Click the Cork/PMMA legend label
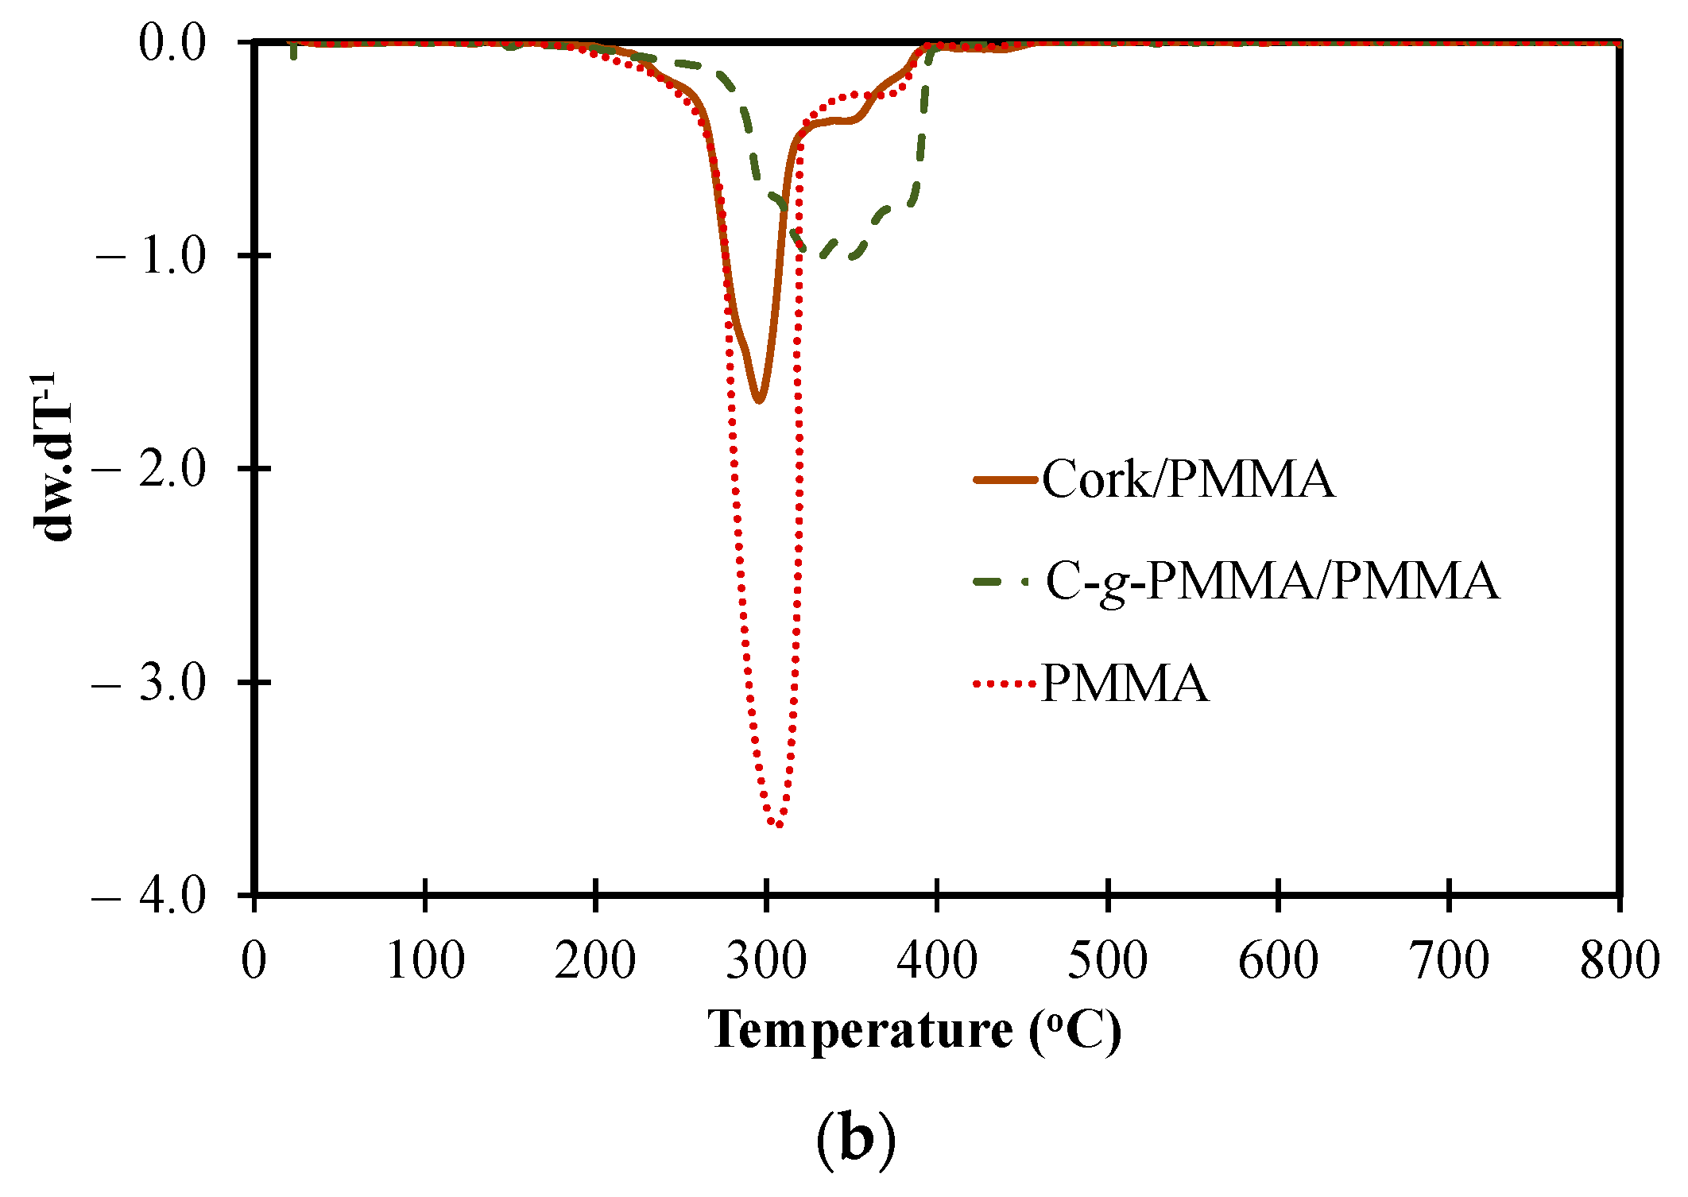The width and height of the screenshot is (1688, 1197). tap(1188, 479)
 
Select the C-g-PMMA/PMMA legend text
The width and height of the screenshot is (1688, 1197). tap(1272, 581)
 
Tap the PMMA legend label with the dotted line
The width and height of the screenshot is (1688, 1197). tap(1125, 683)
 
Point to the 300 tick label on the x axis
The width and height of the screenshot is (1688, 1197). tap(766, 960)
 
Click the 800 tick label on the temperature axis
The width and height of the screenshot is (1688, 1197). tap(1619, 960)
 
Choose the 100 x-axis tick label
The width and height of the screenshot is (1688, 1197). tap(425, 960)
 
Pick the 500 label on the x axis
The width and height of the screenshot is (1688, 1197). tap(1107, 960)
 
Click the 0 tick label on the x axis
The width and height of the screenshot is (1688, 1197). tap(254, 960)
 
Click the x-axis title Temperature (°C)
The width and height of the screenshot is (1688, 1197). tap(914, 1031)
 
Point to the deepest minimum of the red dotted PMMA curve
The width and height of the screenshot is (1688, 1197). tap(778, 824)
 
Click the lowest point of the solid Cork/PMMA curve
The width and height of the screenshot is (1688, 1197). tap(759, 400)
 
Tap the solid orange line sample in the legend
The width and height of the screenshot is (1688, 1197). tap(1005, 479)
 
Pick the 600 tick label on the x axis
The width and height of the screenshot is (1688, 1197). tap(1278, 960)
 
